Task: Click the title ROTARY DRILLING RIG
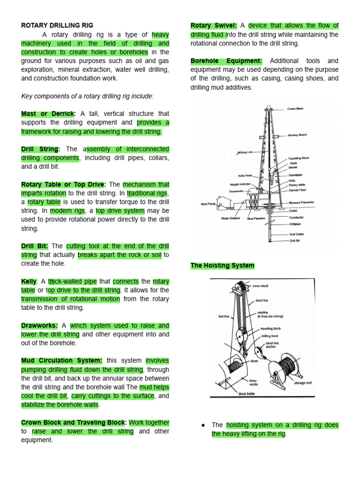coord(57,25)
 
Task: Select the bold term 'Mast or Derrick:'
coord(48,114)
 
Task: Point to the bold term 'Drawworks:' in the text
coord(40,326)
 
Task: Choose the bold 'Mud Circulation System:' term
coord(62,361)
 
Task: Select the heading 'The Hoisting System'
coord(222,266)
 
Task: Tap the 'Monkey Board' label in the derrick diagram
coord(297,135)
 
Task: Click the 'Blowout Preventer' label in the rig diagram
coord(301,202)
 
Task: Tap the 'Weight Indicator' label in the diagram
coord(241,185)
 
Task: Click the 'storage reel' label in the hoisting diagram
coord(303,383)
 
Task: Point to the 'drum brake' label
coord(247,394)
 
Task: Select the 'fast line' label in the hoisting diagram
coord(224,316)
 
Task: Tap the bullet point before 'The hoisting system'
coord(203,425)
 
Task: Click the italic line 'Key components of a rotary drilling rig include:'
coord(88,96)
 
